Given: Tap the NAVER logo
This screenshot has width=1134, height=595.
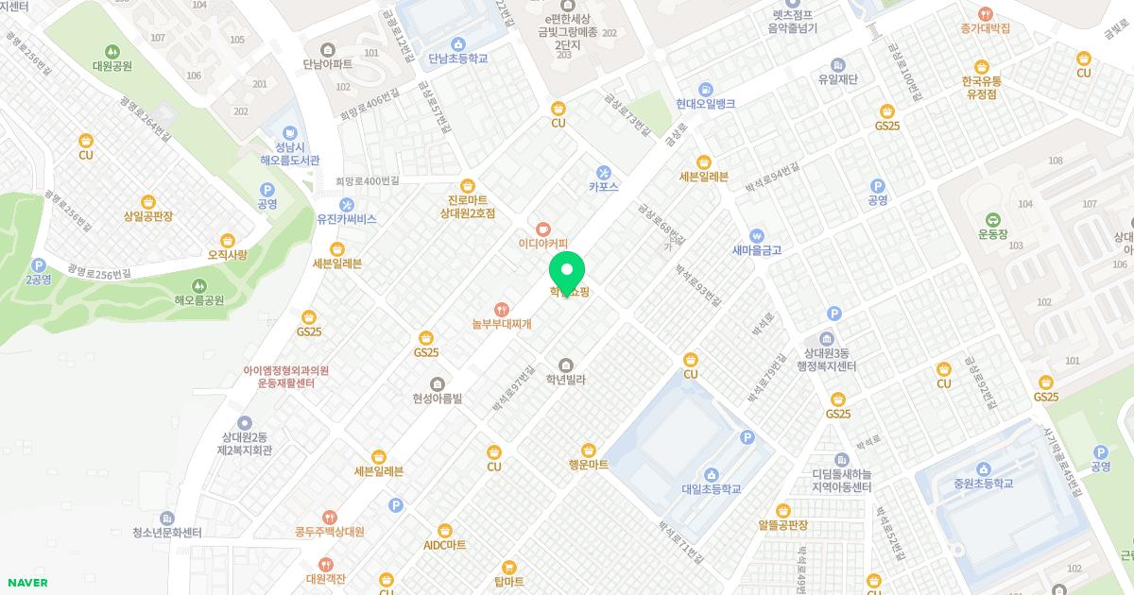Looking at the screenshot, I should click(26, 583).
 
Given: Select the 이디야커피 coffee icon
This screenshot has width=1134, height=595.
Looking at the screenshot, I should click(542, 229).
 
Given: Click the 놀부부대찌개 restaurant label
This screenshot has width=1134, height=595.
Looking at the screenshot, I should click(502, 324).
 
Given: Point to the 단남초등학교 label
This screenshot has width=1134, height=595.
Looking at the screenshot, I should click(457, 59).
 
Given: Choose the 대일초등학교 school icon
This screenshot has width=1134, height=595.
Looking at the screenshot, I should click(711, 474).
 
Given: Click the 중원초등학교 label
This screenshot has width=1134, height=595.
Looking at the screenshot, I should click(983, 484).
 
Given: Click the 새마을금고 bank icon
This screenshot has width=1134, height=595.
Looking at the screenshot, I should click(756, 235).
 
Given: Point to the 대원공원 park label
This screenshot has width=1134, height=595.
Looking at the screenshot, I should click(112, 66).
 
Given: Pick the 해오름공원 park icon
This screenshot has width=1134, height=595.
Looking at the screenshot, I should click(198, 285).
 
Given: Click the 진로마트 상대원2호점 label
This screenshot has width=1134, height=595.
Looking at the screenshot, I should click(467, 206).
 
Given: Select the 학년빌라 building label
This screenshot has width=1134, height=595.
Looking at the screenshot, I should click(566, 380).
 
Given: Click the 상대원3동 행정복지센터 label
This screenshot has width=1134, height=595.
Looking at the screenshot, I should click(826, 359).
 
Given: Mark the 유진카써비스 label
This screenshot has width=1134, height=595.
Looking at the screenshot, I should click(347, 219).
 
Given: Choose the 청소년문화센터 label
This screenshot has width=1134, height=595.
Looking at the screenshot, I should click(167, 533).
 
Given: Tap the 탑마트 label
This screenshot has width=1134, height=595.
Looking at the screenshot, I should click(508, 583).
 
